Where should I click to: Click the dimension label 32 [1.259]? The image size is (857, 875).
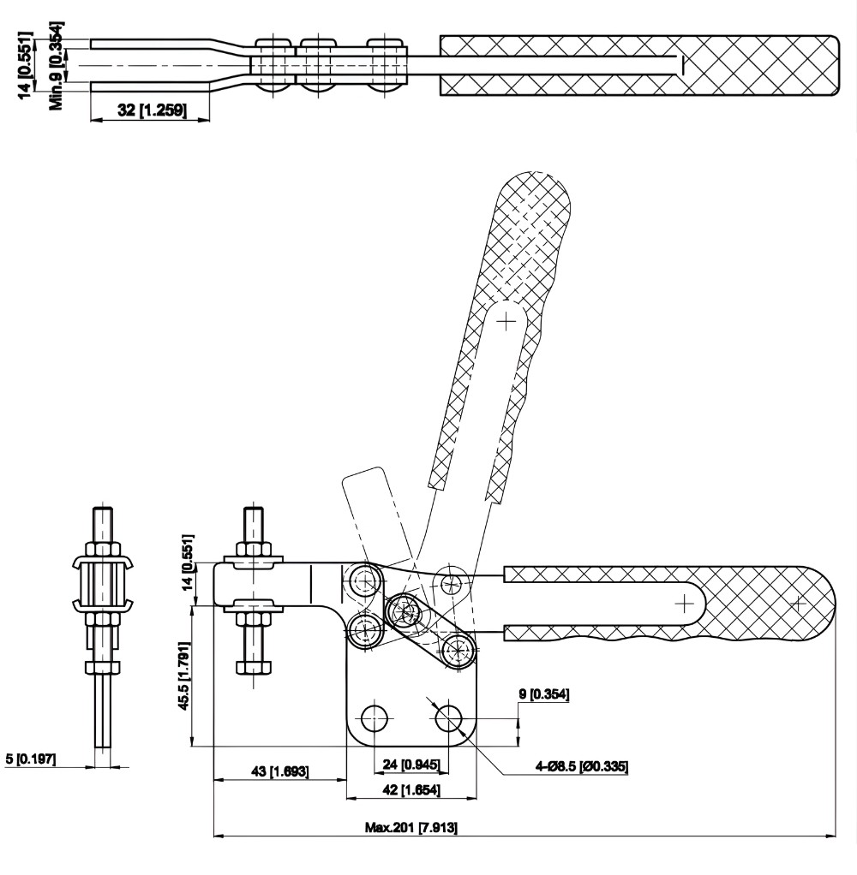(150, 109)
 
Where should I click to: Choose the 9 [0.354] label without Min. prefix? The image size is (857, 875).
(542, 693)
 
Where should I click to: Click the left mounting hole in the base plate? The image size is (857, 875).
(374, 718)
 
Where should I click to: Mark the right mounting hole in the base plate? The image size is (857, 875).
(448, 718)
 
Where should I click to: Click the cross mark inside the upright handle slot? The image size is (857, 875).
(507, 322)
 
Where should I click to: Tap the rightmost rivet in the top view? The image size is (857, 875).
(386, 64)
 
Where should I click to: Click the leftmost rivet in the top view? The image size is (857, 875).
(272, 64)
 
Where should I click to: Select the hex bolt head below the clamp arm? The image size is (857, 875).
(255, 666)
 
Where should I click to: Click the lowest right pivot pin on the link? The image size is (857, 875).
(458, 648)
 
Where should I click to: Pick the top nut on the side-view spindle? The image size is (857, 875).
(102, 549)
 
